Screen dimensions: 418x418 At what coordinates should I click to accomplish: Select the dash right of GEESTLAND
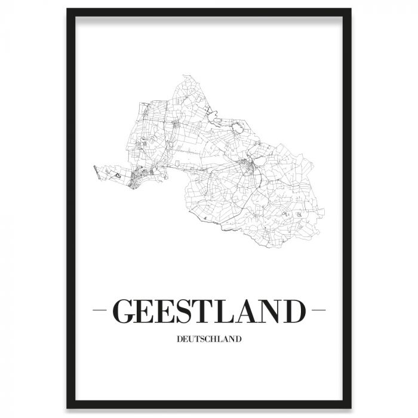318,311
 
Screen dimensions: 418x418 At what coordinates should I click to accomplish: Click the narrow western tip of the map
95,168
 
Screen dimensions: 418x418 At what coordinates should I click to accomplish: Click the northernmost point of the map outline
184,76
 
